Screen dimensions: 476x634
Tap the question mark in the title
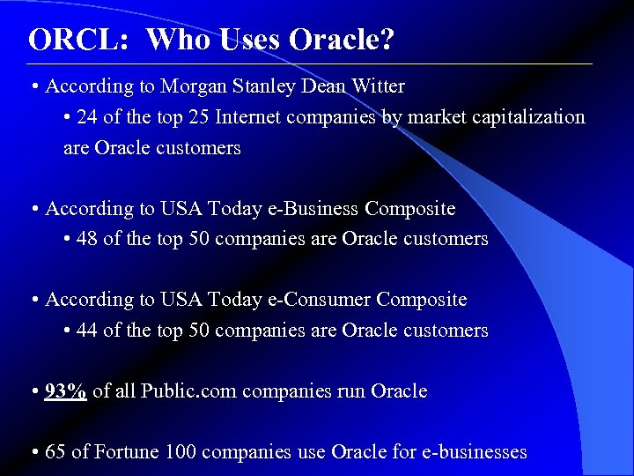(x=387, y=40)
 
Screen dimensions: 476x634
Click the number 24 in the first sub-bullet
(x=87, y=117)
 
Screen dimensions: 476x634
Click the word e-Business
(x=313, y=209)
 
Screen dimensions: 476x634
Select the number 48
(x=87, y=239)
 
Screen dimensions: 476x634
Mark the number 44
(x=87, y=331)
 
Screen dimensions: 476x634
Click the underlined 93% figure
(x=65, y=391)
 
